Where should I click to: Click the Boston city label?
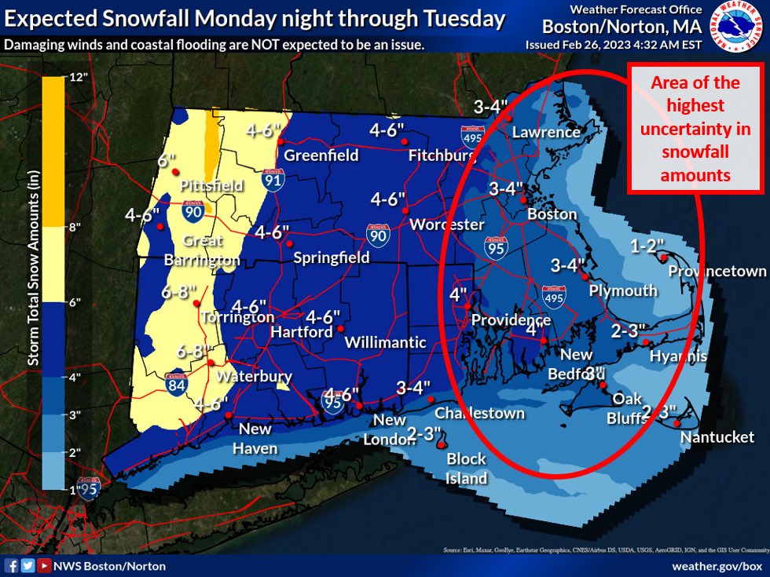pos(552,214)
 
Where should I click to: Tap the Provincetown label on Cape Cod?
pos(717,271)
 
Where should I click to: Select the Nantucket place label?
pos(717,436)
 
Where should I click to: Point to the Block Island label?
pos(467,468)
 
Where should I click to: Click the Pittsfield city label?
pos(211,186)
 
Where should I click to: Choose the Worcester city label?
pos(447,225)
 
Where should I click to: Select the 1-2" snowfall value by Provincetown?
pos(647,246)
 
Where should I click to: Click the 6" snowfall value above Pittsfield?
pos(166,161)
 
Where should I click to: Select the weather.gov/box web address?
pos(717,564)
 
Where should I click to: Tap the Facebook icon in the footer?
pos(12,564)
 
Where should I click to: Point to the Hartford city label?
pos(302,332)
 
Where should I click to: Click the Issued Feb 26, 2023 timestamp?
pos(613,45)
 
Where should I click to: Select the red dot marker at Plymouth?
pos(584,276)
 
